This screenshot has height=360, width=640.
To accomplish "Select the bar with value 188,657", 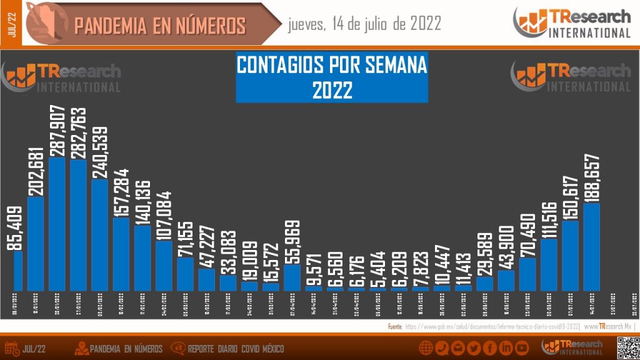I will click(x=591, y=247).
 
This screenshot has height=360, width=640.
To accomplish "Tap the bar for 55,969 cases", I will click(x=292, y=277).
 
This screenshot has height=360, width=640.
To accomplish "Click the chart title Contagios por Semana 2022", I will click(x=332, y=77).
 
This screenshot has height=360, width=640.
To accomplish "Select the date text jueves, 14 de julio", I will click(x=364, y=24).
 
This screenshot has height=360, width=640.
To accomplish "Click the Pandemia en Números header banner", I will click(x=159, y=25).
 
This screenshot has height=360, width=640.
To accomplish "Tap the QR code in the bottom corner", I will click(x=627, y=347).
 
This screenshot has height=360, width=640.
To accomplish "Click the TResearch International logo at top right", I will click(x=572, y=23).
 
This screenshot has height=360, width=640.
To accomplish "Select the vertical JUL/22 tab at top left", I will click(x=11, y=22).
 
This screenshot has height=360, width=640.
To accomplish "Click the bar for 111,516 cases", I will click(x=549, y=264).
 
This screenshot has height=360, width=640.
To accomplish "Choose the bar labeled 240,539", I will click(x=100, y=235).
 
